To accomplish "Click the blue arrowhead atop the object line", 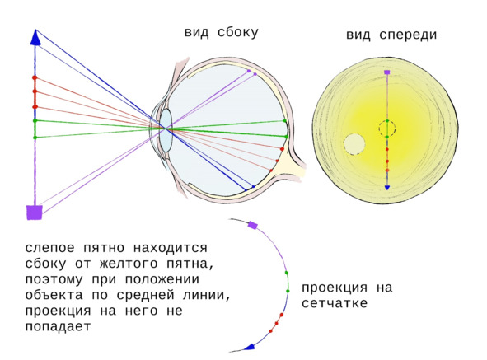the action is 35,38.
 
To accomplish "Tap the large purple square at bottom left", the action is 35,213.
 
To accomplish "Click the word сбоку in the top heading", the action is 238,33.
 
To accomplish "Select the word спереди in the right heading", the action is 408,35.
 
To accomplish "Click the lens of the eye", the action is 166,130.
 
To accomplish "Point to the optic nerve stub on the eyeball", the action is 294,166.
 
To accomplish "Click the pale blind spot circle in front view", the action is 354,144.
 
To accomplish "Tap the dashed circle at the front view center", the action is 387,129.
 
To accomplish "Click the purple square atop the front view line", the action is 387,72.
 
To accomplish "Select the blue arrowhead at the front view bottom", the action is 387,187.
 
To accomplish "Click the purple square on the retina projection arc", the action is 253,225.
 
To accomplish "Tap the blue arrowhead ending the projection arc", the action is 250,347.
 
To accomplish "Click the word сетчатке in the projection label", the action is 335,303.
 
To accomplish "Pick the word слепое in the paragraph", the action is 50,249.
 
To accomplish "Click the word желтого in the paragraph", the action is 129,264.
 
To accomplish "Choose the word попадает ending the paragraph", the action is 58,327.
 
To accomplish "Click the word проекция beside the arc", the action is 335,288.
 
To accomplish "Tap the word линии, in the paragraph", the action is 207,295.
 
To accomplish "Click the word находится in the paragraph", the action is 171,249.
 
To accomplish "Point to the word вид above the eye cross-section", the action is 197,33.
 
